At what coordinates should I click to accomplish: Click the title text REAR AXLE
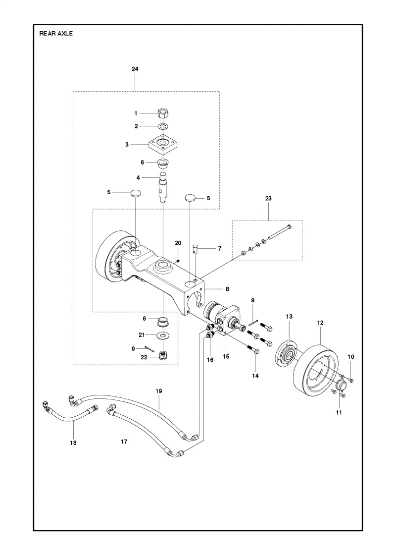[x=56, y=34]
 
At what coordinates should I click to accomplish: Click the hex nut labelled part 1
[x=163, y=113]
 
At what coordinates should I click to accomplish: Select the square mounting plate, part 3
[x=162, y=144]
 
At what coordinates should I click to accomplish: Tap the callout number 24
[x=135, y=69]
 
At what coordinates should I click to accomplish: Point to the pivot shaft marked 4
[x=163, y=186]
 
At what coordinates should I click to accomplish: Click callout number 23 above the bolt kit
[x=268, y=198]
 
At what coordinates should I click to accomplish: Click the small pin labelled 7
[x=197, y=254]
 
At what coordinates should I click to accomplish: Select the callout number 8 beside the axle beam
[x=227, y=289]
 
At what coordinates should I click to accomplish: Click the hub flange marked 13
[x=287, y=356]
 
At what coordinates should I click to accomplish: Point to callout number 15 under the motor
[x=226, y=356]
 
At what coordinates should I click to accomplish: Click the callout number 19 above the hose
[x=159, y=391]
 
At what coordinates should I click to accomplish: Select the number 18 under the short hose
[x=74, y=443]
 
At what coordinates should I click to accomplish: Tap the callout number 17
[x=124, y=442]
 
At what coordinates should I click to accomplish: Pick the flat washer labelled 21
[x=162, y=335]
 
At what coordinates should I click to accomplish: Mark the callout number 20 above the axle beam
[x=178, y=243]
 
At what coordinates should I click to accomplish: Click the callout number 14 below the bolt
[x=255, y=376]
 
